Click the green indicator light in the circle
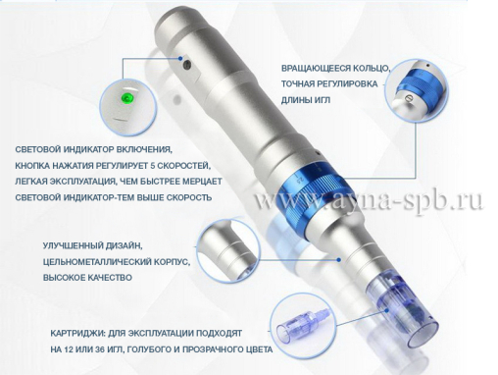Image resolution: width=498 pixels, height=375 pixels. click(126, 97)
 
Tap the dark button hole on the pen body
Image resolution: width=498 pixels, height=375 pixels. click(187, 65)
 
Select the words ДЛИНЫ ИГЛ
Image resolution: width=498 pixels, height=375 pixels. click(306, 100)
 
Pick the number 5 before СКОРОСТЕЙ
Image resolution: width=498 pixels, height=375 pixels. click(153, 166)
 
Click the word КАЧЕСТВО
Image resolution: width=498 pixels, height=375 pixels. click(110, 278)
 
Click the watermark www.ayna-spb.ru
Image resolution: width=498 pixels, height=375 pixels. click(369, 200)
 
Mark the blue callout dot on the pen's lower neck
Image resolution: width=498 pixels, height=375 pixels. click(339, 259)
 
